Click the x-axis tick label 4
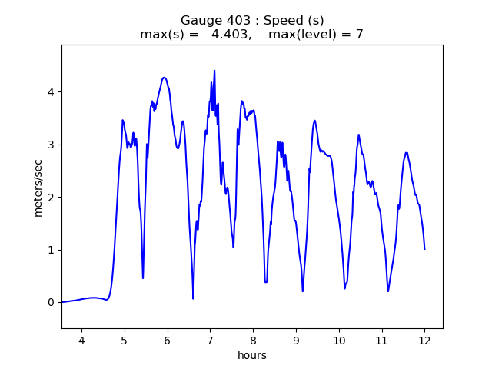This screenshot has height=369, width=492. [81, 340]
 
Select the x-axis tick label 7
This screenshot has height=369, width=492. [210, 340]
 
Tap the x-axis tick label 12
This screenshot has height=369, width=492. [424, 340]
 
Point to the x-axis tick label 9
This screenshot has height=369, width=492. [296, 340]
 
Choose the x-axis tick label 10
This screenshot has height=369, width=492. [339, 340]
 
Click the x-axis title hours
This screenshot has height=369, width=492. [252, 355]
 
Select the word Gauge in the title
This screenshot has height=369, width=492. [198, 21]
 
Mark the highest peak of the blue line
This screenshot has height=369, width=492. [214, 71]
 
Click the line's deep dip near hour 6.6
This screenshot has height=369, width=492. [193, 298]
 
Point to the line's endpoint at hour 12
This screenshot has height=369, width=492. [424, 248]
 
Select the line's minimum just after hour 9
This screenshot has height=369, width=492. [303, 291]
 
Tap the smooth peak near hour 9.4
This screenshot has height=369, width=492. [314, 121]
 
